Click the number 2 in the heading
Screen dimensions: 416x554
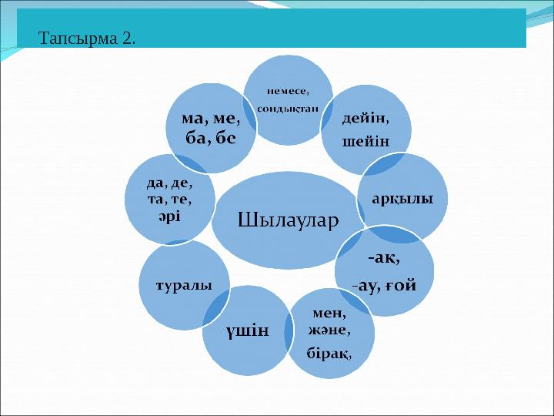click(x=128, y=38)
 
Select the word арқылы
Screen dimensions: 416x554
click(x=402, y=198)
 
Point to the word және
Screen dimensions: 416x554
click(x=329, y=331)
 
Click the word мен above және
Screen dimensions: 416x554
click(x=329, y=314)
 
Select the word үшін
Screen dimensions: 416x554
click(x=247, y=331)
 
